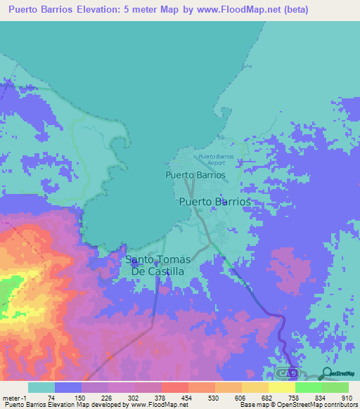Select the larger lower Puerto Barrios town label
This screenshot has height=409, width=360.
[215, 201]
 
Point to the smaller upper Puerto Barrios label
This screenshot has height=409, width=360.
[195, 174]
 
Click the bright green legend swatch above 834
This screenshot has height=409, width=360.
[308, 388]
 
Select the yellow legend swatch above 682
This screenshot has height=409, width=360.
[255, 388]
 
